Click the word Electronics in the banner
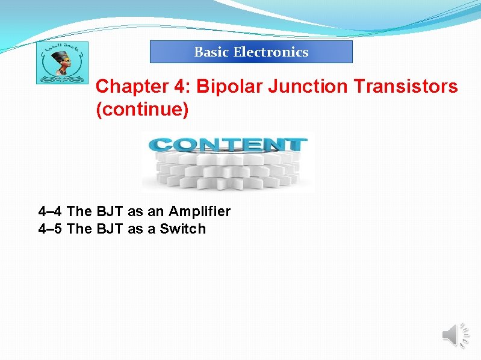tap(271, 52)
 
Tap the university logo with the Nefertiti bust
tap(62, 63)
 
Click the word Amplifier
tap(199, 211)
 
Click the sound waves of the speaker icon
tap(465, 335)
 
